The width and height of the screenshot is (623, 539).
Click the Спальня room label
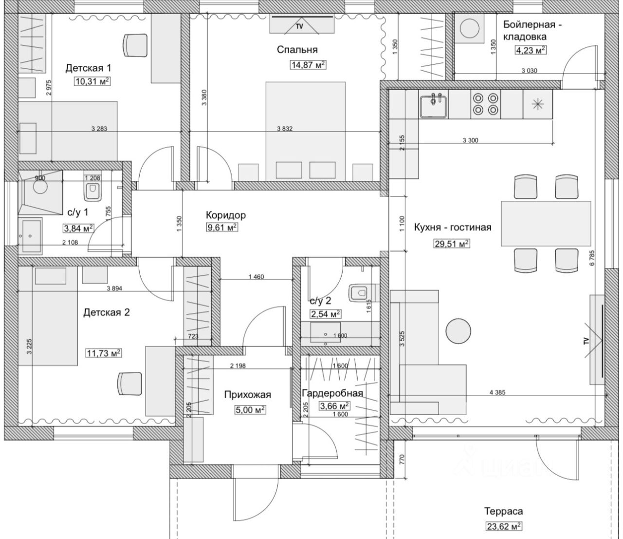pos(297,50)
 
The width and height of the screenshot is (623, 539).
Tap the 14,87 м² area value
pos(308,65)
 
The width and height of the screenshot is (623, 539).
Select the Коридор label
pos(226,215)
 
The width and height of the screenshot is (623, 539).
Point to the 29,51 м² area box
pos(452,244)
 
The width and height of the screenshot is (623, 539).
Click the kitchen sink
pos(434,105)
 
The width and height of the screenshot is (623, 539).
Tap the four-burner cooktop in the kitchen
pos(486,104)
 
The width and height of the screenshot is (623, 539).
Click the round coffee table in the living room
pos(458,331)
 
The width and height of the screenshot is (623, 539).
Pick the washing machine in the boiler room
pos(469,29)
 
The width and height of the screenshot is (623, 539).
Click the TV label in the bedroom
pos(299,26)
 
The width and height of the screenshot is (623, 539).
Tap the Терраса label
pos(503,511)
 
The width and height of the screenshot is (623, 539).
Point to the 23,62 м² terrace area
pos(504,527)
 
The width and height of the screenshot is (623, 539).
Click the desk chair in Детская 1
pos(135,45)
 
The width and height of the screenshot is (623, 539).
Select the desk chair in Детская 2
pos(129,384)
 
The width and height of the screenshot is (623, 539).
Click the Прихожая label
pos(247,394)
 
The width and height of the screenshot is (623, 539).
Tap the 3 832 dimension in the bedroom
pos(285,129)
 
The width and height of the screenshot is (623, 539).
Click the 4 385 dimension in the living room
pos(497,392)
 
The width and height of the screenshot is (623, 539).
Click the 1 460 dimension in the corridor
pos(256,276)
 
